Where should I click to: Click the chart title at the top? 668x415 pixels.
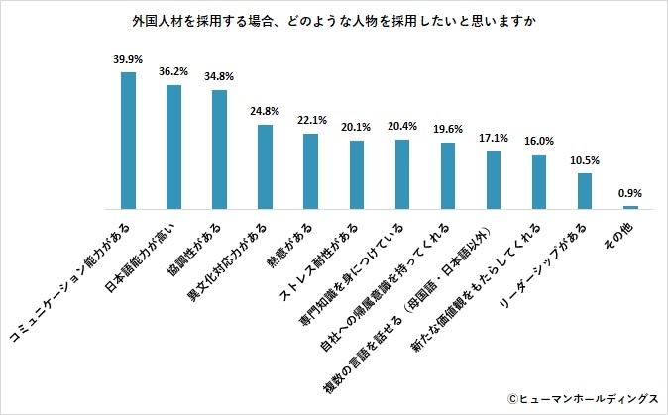(333, 19)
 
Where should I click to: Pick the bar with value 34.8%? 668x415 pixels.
(219, 150)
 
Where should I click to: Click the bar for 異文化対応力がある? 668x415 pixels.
(265, 166)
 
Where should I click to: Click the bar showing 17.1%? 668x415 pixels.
(494, 179)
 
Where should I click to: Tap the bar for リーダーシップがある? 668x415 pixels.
(585, 190)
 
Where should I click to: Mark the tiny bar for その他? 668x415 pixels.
(630, 207)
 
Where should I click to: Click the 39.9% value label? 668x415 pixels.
(128, 59)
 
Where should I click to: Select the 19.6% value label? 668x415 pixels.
(448, 130)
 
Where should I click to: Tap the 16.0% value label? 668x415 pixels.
(539, 142)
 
